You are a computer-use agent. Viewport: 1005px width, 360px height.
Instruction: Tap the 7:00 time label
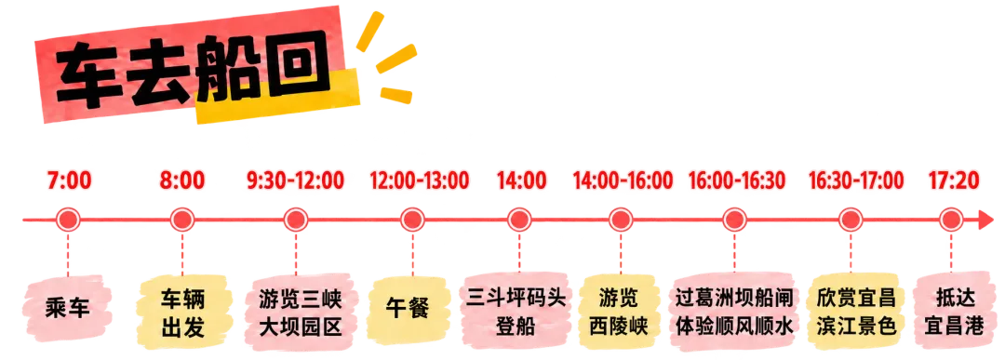69,180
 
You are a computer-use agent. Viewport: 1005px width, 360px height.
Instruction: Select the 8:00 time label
182,180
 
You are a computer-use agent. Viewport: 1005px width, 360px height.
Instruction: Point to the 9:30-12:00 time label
296,180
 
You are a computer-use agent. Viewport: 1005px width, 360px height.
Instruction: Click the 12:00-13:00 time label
419,180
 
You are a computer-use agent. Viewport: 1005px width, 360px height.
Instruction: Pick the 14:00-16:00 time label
623,180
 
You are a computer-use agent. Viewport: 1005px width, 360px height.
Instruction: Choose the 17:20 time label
955,180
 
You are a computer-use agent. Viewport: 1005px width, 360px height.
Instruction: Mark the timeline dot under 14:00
520,220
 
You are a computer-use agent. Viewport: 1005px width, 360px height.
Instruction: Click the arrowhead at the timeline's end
987,220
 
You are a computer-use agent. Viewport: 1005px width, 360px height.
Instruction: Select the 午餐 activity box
409,310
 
